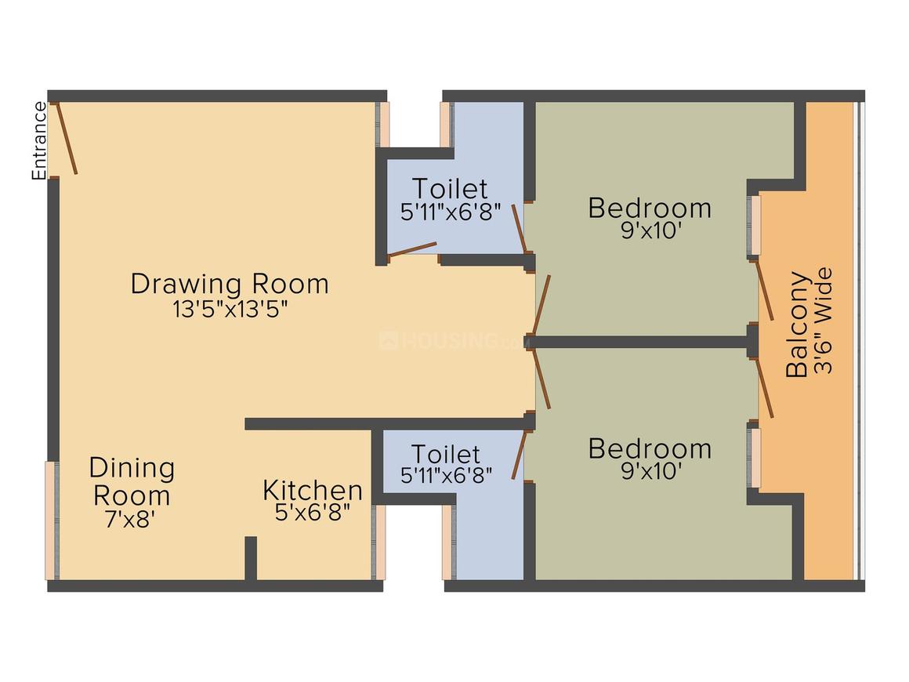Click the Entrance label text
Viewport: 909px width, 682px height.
(39, 141)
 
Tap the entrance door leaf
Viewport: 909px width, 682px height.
(66, 138)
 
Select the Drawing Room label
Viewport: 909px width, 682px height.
(230, 284)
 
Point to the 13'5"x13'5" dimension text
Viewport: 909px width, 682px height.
(230, 309)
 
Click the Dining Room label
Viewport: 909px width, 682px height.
(132, 482)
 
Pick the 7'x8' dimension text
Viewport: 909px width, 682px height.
(130, 519)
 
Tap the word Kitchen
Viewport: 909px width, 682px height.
(313, 491)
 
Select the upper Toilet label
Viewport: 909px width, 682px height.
(450, 188)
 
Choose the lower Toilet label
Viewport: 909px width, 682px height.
(446, 454)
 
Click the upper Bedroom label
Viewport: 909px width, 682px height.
(650, 209)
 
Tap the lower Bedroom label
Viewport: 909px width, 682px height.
(650, 449)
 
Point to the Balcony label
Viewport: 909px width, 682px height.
(797, 325)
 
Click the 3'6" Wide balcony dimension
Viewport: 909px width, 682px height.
(823, 320)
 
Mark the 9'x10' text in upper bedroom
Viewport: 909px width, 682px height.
(650, 230)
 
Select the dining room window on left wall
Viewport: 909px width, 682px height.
(52, 521)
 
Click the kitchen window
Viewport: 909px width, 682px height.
(379, 542)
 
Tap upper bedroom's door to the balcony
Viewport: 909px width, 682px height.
(763, 289)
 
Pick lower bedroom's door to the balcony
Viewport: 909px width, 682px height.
(763, 387)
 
